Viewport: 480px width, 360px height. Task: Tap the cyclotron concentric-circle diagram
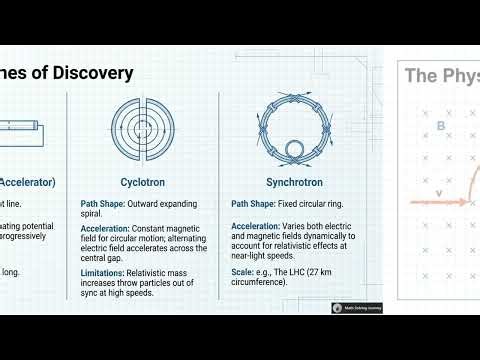[143, 130]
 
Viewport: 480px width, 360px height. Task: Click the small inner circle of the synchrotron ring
[296, 150]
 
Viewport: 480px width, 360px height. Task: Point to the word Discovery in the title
[89, 73]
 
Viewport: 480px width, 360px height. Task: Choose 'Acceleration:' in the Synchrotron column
[259, 229]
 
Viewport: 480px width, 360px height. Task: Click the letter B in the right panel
[441, 126]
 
